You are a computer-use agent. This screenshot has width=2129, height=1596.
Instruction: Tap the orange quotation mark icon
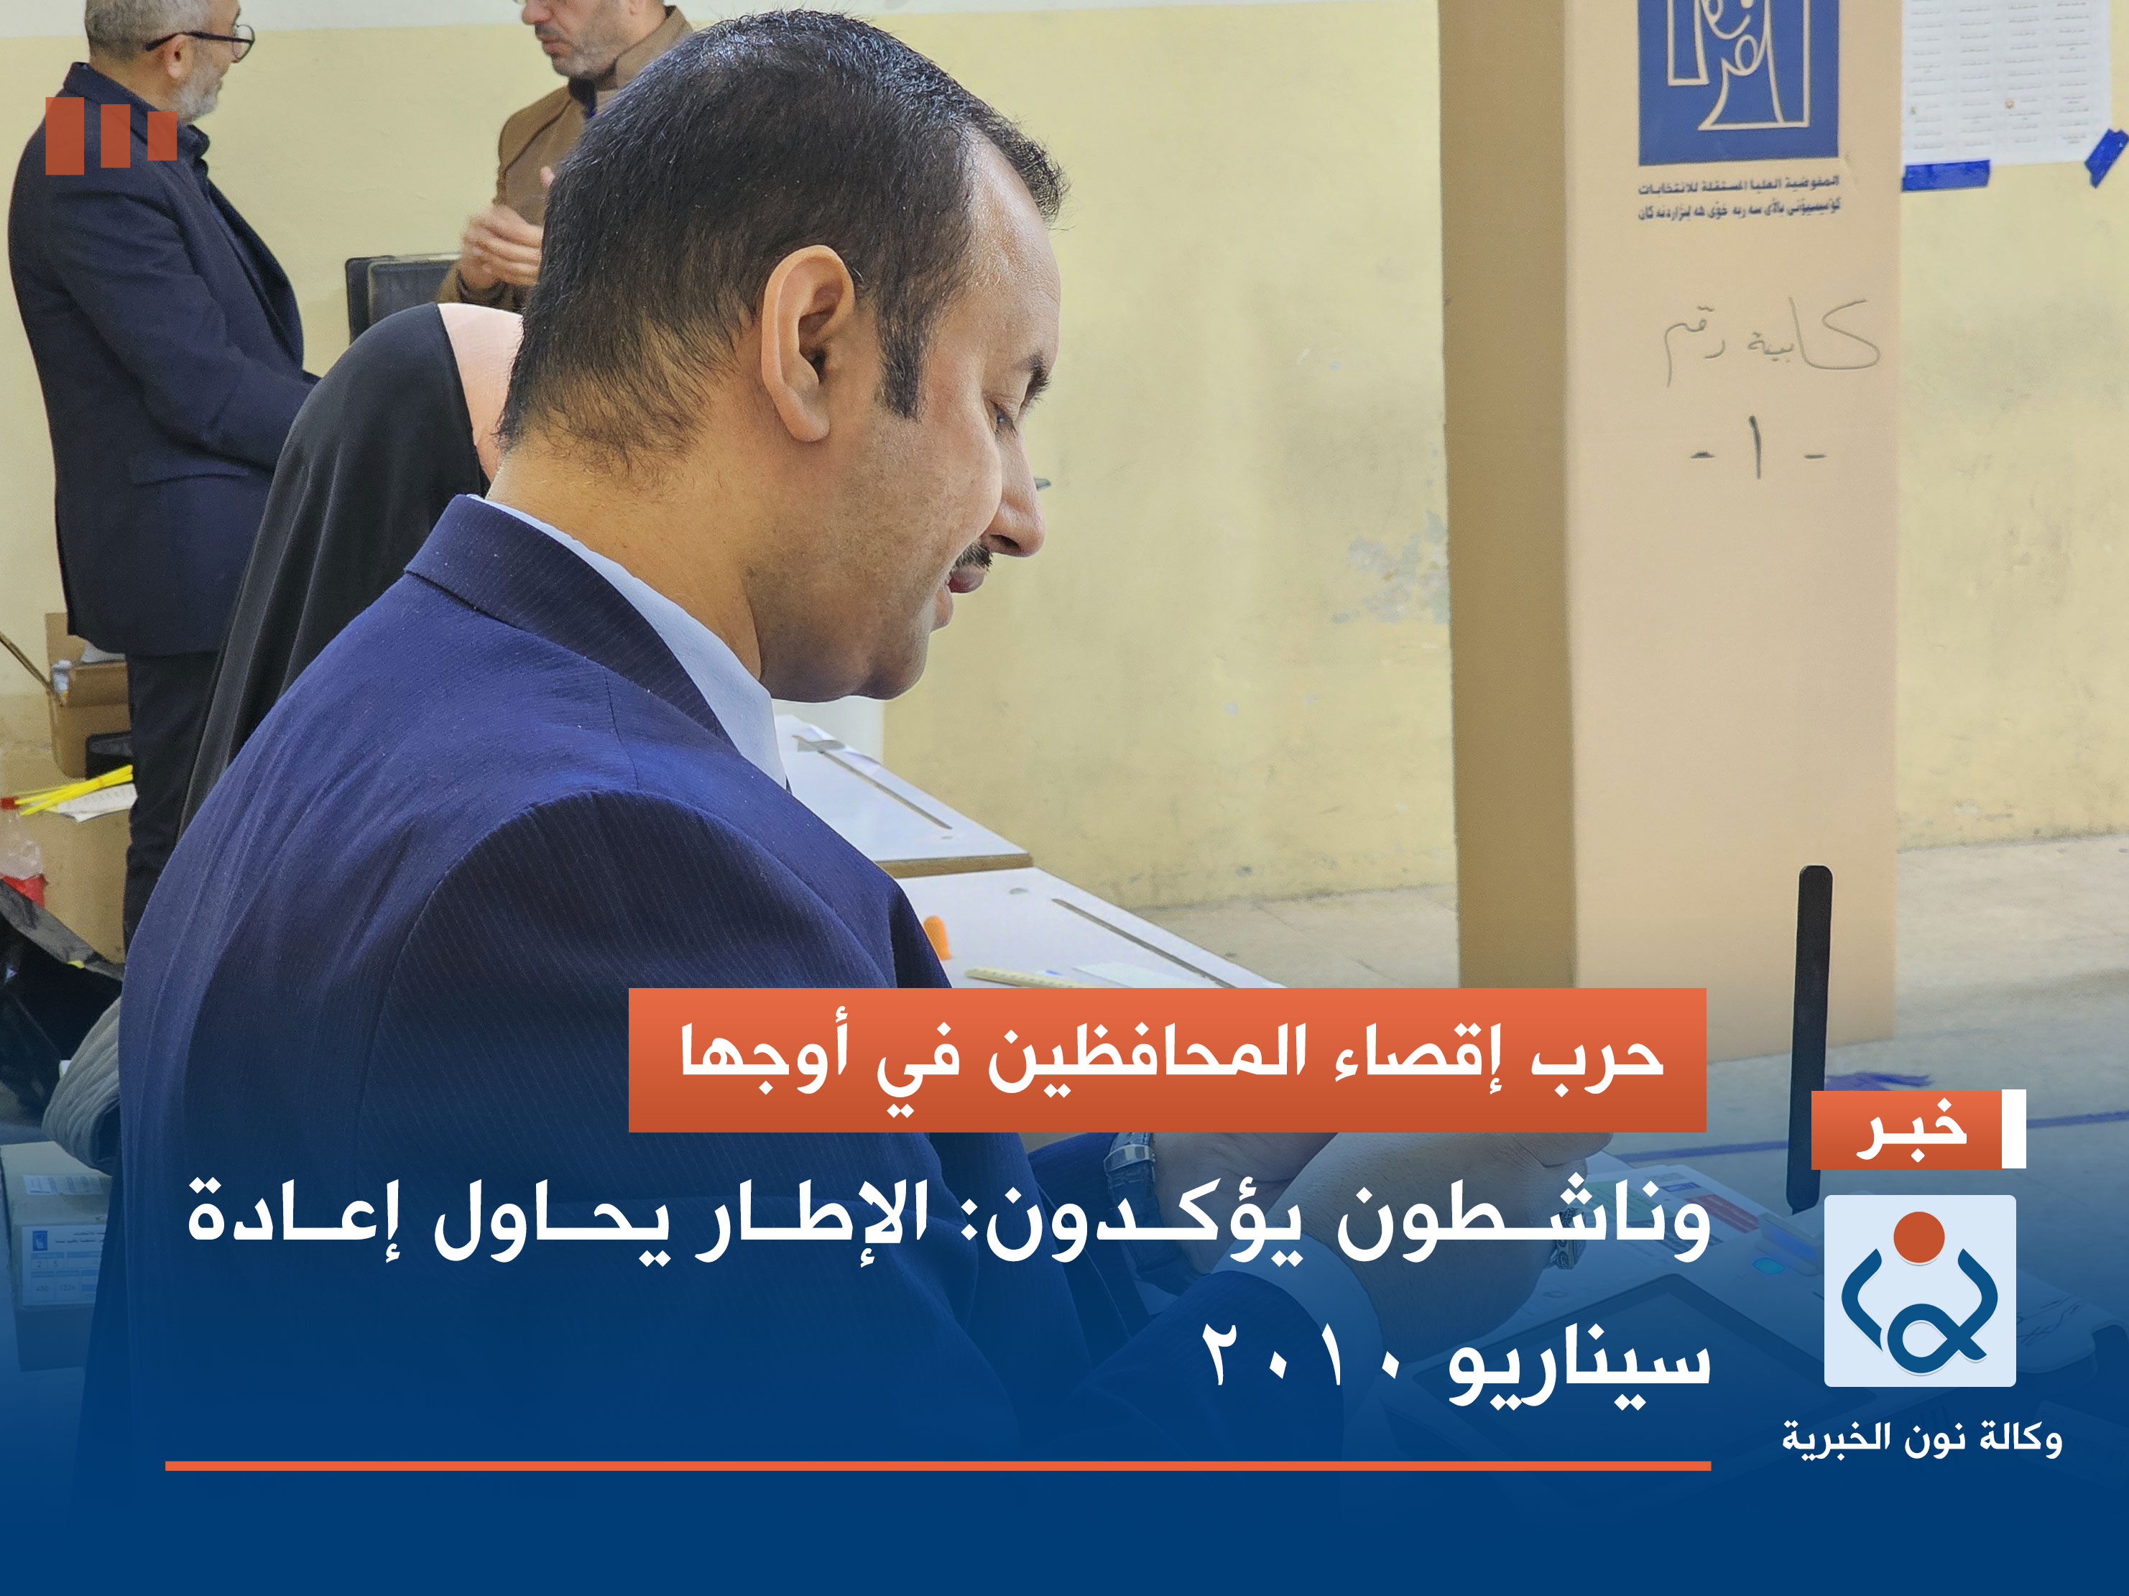point(111,135)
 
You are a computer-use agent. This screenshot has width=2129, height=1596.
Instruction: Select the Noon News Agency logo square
point(1919,1291)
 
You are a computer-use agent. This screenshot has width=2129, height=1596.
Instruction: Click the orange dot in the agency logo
point(1919,1236)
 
